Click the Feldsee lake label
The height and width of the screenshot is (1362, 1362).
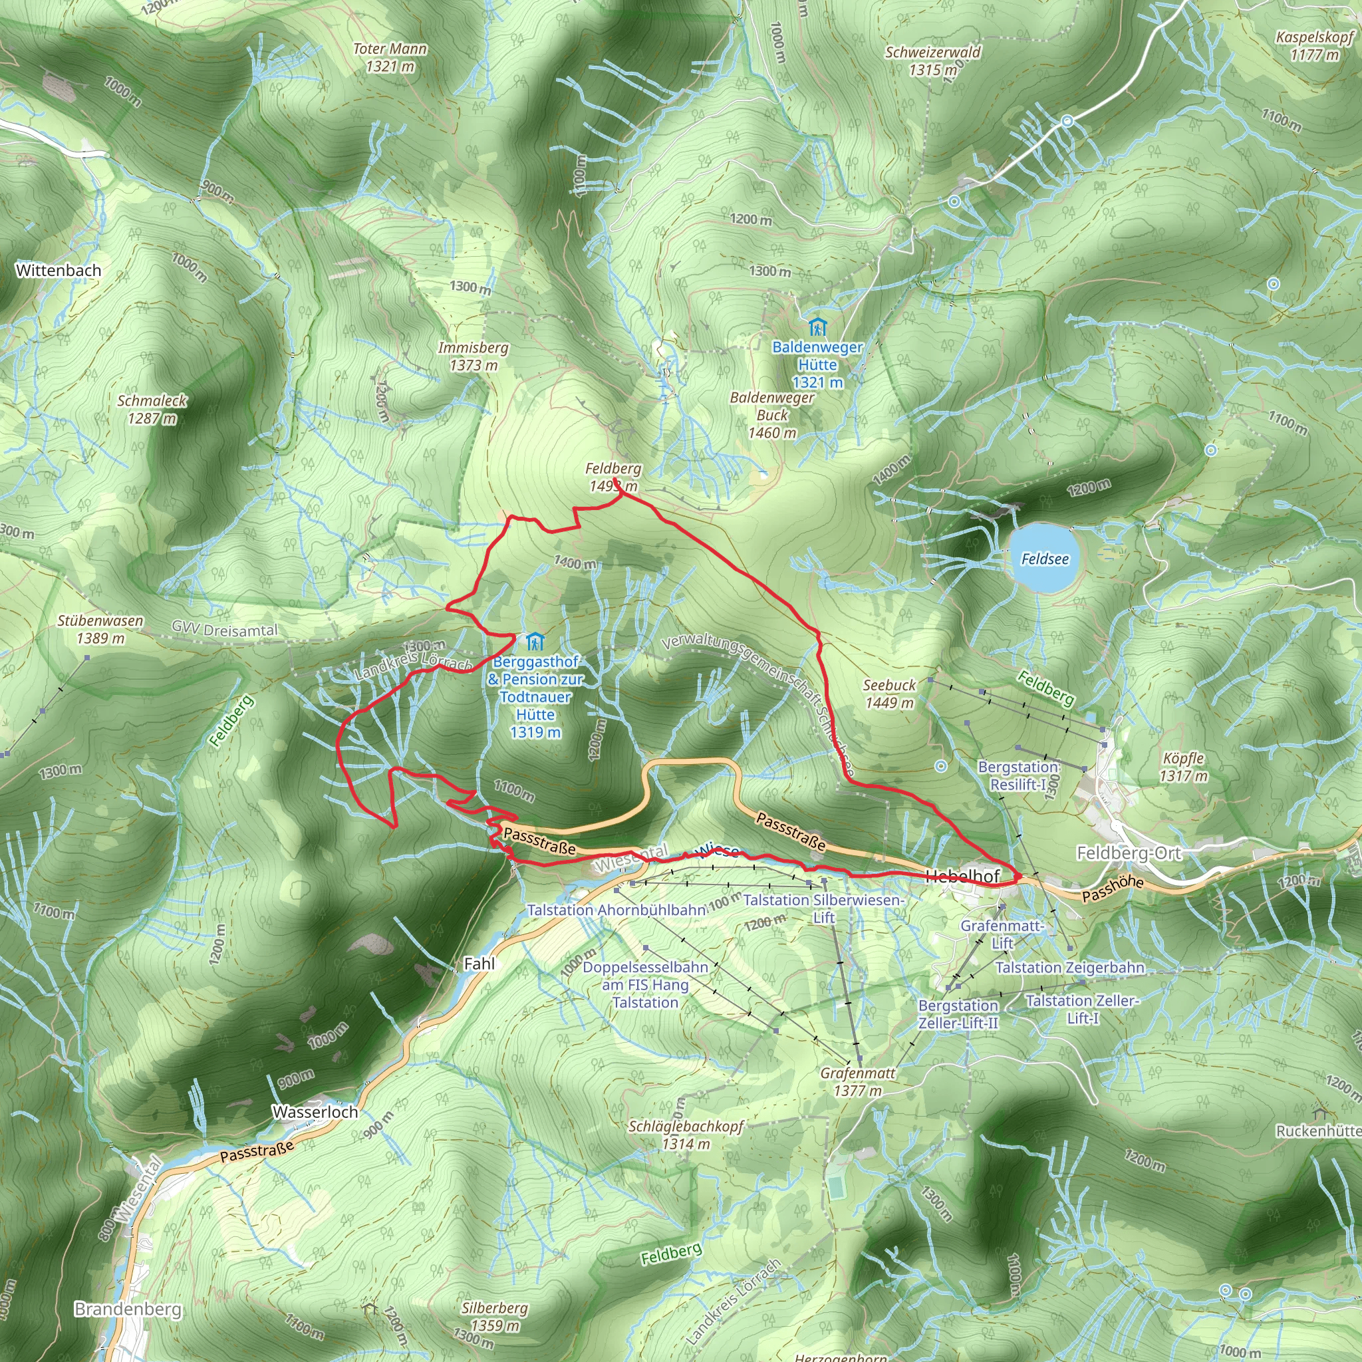click(1045, 559)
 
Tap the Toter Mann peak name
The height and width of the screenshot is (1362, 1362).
click(390, 49)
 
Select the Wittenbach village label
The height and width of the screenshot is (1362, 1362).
click(59, 271)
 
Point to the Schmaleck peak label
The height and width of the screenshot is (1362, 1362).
click(152, 401)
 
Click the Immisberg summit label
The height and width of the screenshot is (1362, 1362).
click(473, 348)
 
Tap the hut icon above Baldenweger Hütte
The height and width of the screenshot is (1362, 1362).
click(817, 327)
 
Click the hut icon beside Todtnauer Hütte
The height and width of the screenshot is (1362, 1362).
click(535, 642)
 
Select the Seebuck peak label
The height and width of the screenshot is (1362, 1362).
click(889, 685)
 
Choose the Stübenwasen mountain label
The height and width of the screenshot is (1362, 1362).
click(100, 621)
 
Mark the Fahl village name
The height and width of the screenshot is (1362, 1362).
click(479, 964)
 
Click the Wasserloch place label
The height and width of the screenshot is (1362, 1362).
click(315, 1112)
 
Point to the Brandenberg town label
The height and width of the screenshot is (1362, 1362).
click(128, 1309)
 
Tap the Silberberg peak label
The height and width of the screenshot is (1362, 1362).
click(495, 1308)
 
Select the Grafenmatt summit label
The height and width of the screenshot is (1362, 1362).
click(858, 1073)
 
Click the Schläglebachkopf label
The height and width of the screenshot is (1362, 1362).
click(686, 1126)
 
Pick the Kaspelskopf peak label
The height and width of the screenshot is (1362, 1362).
click(1315, 37)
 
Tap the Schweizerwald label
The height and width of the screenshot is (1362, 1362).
click(933, 52)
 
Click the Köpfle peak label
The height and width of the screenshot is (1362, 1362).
click(1184, 759)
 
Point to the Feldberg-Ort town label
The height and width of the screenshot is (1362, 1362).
click(1129, 854)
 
